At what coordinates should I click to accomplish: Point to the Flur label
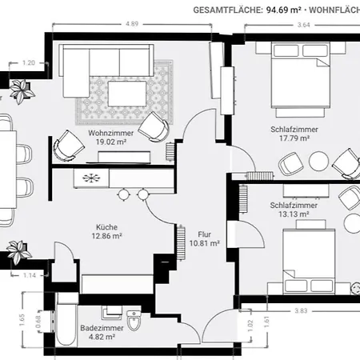point(204,233)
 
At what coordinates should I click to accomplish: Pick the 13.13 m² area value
point(295,214)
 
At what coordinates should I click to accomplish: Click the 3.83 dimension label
point(301,310)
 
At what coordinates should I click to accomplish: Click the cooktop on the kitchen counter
point(91,177)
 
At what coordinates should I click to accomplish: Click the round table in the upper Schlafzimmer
point(318,161)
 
